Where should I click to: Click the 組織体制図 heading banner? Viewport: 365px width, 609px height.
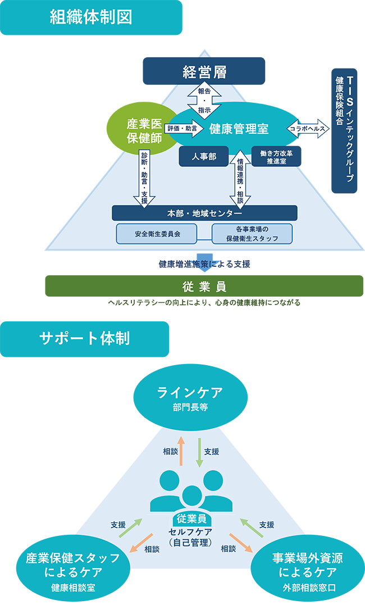coord(91,17)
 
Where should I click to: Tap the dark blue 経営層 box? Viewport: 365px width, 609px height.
coord(203,71)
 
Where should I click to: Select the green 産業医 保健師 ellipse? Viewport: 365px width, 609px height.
coord(136,129)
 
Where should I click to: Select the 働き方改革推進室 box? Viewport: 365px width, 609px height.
coord(276,156)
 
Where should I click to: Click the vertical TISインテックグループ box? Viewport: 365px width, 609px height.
coord(344,131)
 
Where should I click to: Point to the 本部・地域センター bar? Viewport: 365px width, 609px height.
coord(204,213)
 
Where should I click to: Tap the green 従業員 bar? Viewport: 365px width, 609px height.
coord(204,286)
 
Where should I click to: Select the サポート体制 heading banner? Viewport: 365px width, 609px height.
coord(85,339)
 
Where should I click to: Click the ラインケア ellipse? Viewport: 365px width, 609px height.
coord(190,397)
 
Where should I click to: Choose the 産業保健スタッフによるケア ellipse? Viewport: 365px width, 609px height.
coord(73,566)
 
